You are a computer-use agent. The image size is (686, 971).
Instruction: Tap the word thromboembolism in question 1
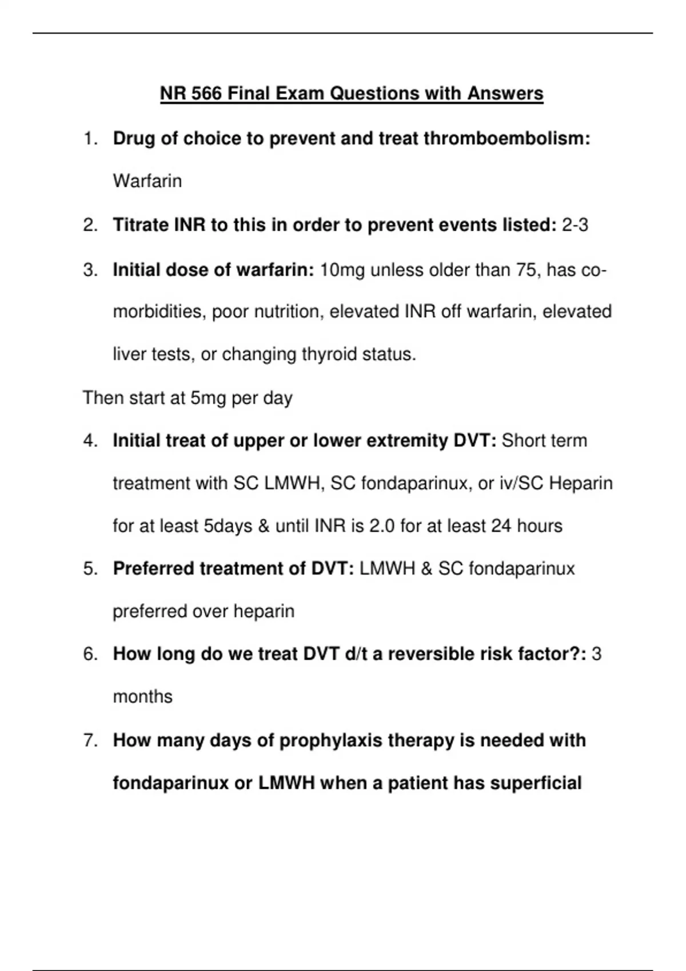point(506,138)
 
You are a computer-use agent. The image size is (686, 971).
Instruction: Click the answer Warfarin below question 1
point(147,181)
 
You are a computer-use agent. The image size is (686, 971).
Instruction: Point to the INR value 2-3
point(575,225)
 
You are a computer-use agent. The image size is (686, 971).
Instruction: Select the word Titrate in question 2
point(141,225)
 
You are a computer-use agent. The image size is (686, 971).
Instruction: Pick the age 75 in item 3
point(526,270)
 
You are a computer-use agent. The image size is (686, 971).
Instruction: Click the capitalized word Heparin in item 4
point(580,483)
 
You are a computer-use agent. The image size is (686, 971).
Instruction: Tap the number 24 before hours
point(501,525)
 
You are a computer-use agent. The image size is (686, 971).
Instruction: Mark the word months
point(142,697)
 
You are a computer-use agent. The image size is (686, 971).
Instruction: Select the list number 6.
point(90,653)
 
